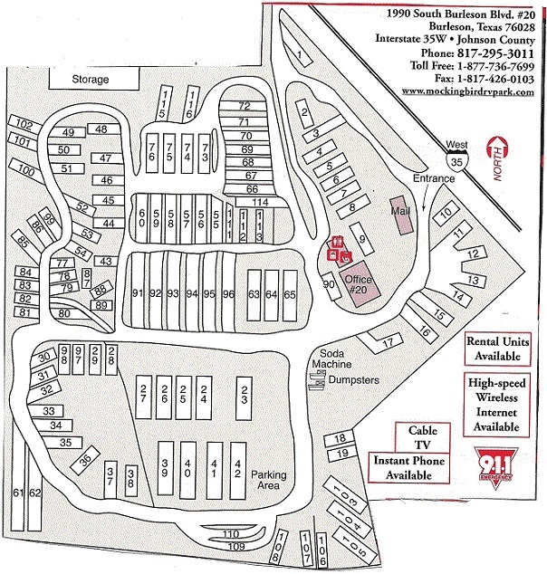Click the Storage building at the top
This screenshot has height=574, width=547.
pos(91,80)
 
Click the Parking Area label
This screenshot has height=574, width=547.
pos(268,481)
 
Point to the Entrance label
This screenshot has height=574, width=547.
pos(432,178)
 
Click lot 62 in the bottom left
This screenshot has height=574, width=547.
pos(34,493)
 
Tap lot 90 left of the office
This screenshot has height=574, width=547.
pos(329,284)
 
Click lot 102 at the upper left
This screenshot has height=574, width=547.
pos(24,124)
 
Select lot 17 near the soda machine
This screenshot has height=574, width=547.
pos(387,342)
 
